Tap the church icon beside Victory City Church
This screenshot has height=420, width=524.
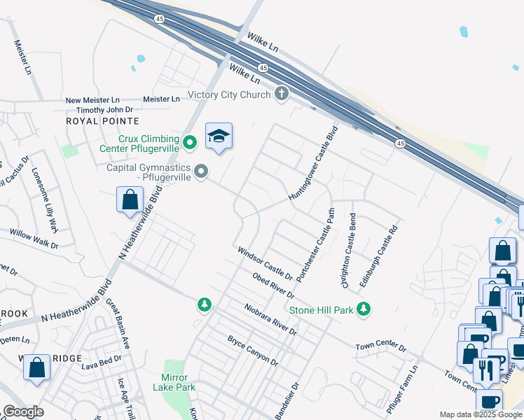(282, 94)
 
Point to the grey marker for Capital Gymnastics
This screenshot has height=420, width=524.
(202, 171)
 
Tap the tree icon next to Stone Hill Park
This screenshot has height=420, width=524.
(363, 309)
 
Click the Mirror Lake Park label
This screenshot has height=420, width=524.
(174, 381)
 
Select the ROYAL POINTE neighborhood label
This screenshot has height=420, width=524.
(99, 121)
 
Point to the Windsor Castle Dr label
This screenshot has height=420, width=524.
(264, 261)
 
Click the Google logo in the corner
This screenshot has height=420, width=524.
(23, 412)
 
